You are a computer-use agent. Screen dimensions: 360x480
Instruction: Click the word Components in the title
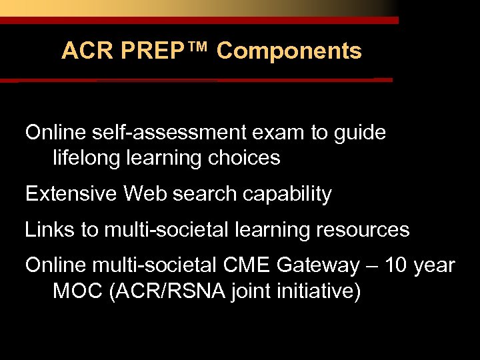[x=289, y=51]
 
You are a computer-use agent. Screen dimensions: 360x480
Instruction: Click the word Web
[x=142, y=194]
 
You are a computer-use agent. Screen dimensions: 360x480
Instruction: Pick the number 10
[x=394, y=265]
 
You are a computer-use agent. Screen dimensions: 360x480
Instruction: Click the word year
[x=434, y=266]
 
